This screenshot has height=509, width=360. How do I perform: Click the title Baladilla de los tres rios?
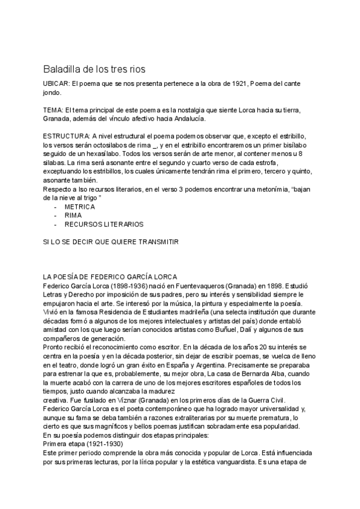94,69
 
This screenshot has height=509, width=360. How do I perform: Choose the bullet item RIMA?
73,214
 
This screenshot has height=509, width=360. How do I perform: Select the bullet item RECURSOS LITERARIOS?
104,224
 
